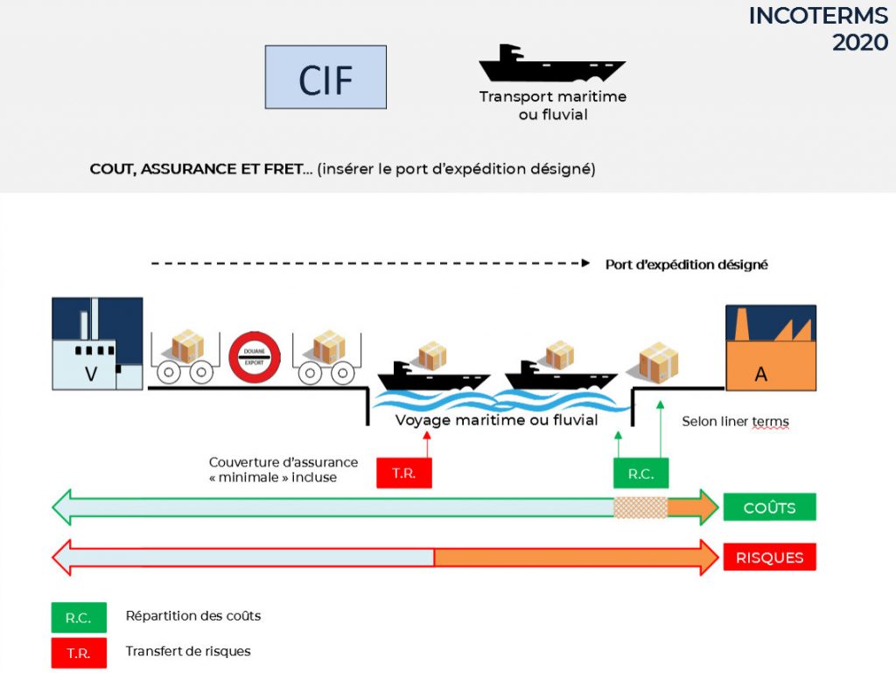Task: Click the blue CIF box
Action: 325,77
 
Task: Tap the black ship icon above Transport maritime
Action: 551,63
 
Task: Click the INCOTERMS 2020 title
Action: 817,29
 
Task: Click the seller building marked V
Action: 96,344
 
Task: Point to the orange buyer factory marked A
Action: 770,348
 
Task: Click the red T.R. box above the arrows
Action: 403,473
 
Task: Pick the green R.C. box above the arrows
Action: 640,473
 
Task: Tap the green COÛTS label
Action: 769,508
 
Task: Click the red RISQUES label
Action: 769,557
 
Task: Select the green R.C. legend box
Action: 79,617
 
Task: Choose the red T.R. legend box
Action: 79,653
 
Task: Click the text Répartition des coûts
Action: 192,616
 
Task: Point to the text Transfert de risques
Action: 187,652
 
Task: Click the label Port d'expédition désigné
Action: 686,264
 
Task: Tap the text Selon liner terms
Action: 735,422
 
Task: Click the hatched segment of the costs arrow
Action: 640,508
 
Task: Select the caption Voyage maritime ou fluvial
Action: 496,420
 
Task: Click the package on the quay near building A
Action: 658,361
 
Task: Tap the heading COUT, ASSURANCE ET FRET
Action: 201,169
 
